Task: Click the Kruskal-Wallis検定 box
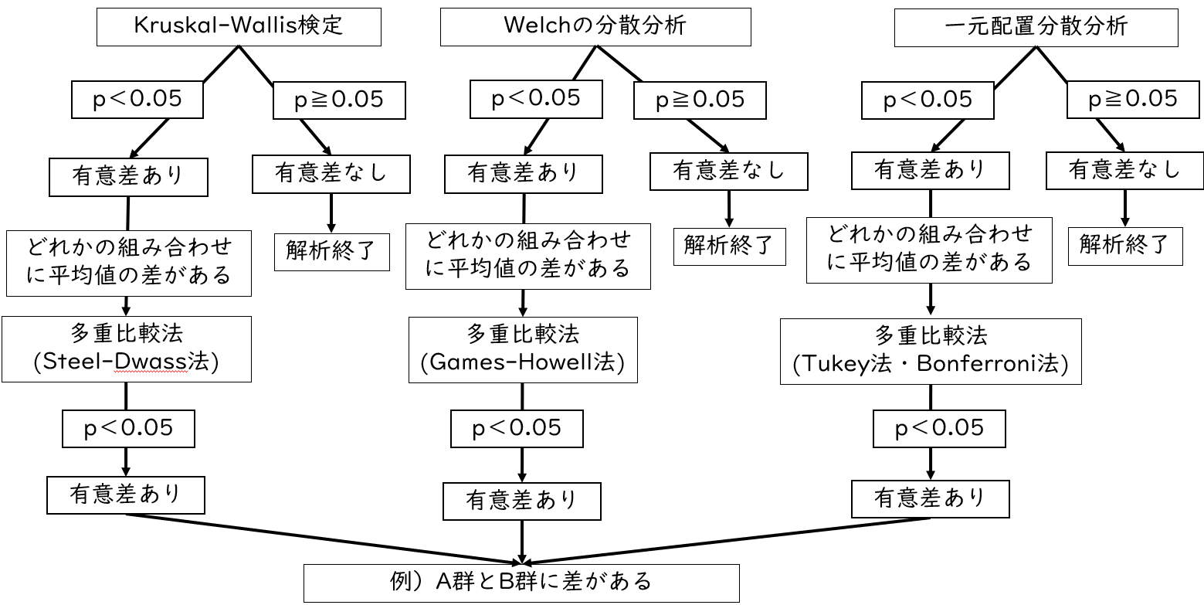pos(239,27)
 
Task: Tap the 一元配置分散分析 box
pos(1036,27)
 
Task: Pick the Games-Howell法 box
pos(523,348)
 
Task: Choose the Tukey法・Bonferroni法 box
pos(930,352)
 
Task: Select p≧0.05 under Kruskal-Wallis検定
pos(339,100)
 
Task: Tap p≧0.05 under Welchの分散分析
pos(700,100)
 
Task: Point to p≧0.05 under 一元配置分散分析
pos(1132,99)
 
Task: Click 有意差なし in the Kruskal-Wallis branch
pos(330,172)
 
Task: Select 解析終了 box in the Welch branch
pos(728,246)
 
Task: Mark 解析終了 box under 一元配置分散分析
pos(1124,245)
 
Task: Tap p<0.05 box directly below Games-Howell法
pos(517,428)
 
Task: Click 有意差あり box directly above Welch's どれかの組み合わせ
pos(522,173)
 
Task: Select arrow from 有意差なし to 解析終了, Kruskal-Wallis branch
pos(332,212)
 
